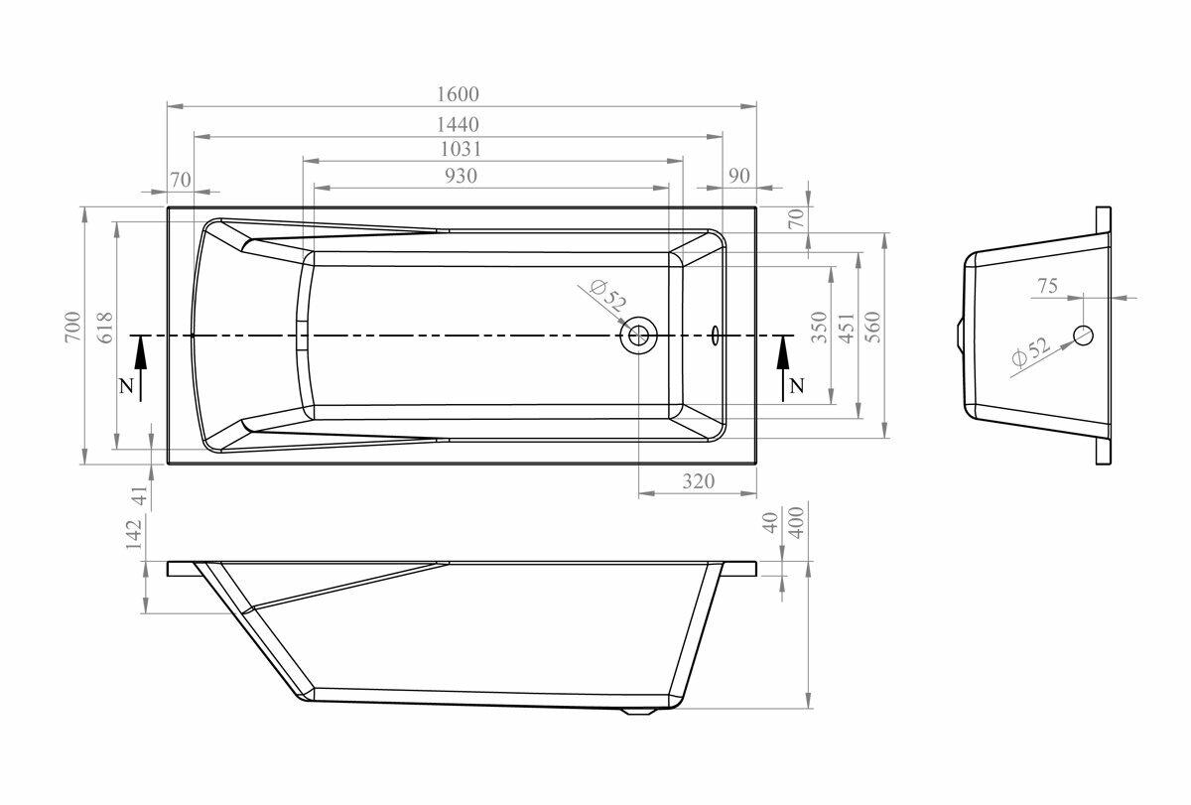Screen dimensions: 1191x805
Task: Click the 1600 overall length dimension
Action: [458, 94]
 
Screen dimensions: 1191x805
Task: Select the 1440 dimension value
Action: [458, 124]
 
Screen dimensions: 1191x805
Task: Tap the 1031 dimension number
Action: [461, 150]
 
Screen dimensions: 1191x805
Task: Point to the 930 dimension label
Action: [461, 176]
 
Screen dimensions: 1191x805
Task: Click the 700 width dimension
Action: [72, 327]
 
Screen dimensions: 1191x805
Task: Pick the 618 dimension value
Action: [105, 328]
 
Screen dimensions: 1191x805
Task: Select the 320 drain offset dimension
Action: [698, 481]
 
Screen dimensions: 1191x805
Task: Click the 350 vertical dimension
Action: [820, 327]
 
